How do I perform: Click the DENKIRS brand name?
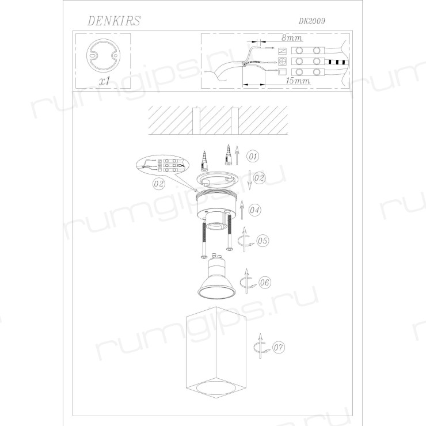click(114, 21)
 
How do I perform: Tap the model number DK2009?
click(311, 21)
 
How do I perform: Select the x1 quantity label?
click(105, 81)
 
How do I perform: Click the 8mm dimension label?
click(292, 37)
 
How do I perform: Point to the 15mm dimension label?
click(298, 81)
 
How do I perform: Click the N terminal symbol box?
click(283, 51)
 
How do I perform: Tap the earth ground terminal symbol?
click(283, 62)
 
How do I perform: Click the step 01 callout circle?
click(253, 156)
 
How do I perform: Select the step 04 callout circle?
click(254, 210)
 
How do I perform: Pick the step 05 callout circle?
click(262, 241)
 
